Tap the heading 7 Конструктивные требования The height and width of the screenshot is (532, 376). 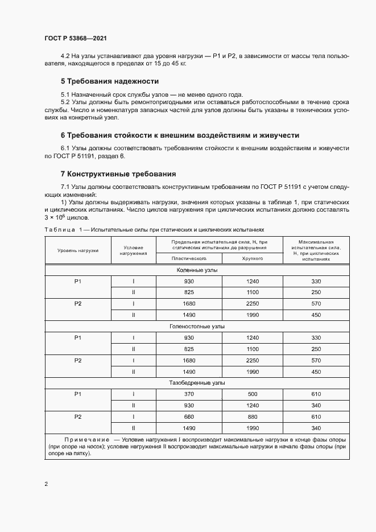click(x=118, y=174)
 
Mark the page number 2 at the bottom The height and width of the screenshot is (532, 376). click(x=47, y=484)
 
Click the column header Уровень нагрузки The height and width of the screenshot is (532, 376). click(x=78, y=250)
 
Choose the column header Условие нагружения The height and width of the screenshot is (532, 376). click(x=133, y=250)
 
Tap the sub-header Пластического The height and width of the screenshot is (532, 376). click(x=189, y=258)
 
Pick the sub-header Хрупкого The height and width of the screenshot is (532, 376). click(x=252, y=258)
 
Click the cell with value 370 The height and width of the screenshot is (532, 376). click(x=189, y=394)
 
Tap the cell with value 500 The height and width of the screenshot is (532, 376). click(x=252, y=394)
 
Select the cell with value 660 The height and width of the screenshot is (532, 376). click(x=189, y=416)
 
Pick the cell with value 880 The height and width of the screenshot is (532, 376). click(x=252, y=416)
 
